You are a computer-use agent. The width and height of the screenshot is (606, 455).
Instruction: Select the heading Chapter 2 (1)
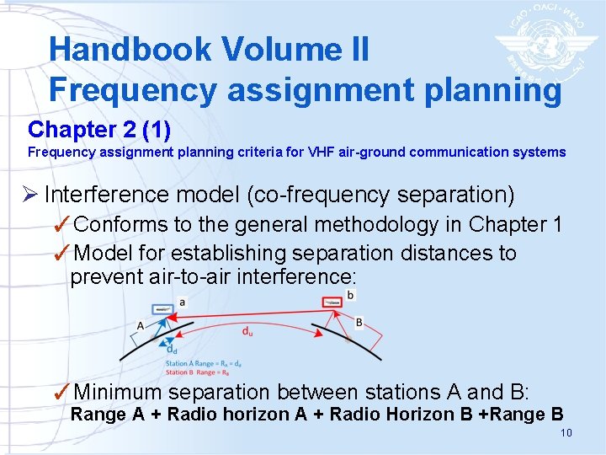tap(98, 130)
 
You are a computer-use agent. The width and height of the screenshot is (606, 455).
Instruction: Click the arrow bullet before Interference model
tap(35, 195)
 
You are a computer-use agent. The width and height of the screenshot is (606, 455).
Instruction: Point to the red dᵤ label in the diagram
tap(247, 330)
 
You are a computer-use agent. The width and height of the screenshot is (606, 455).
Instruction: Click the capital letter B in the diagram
tap(359, 322)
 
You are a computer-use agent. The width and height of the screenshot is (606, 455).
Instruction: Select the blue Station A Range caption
tap(205, 363)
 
